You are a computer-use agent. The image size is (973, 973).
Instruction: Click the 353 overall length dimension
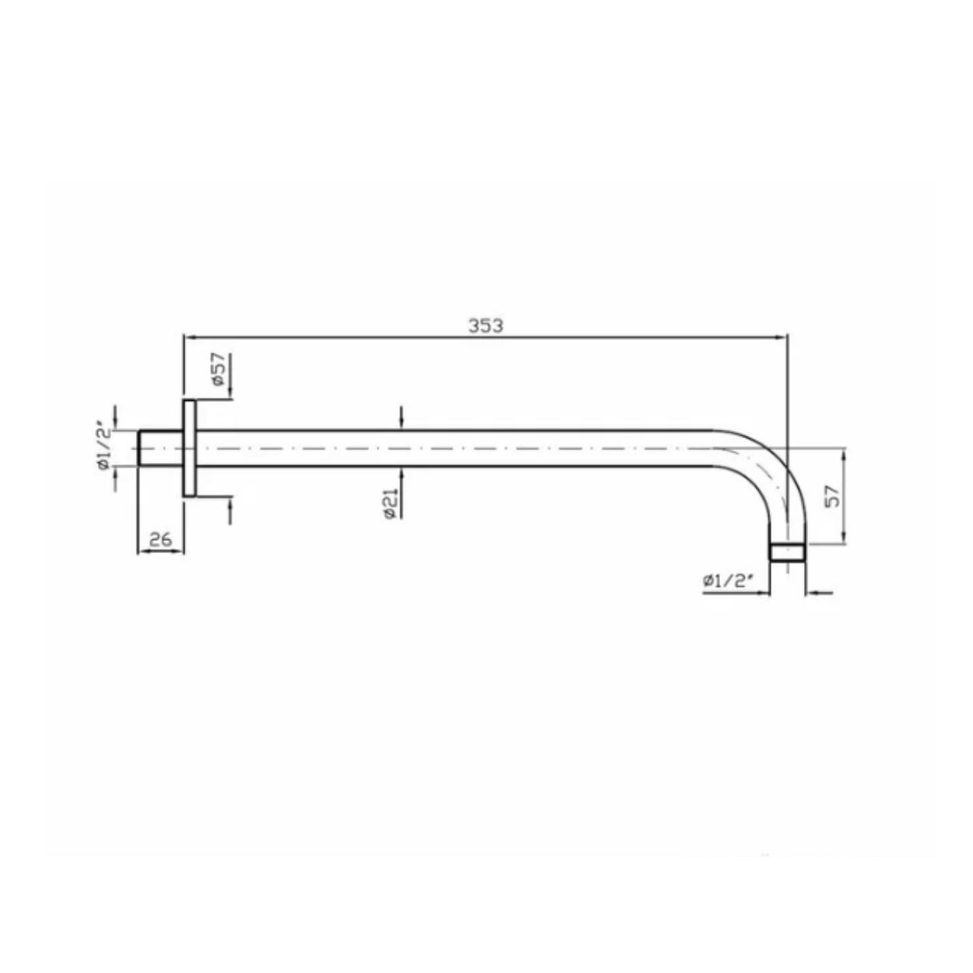(x=485, y=326)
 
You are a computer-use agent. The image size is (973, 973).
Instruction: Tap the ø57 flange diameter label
(x=219, y=369)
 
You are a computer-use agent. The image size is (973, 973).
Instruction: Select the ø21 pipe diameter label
(x=391, y=504)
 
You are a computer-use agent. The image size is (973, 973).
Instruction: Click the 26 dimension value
(x=160, y=539)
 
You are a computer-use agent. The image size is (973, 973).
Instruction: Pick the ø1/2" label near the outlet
(x=728, y=581)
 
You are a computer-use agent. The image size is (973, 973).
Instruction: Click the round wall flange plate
(x=189, y=448)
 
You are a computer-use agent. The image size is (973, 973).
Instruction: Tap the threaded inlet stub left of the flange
(x=160, y=448)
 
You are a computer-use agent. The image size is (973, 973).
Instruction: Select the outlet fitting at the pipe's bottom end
(x=787, y=553)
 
